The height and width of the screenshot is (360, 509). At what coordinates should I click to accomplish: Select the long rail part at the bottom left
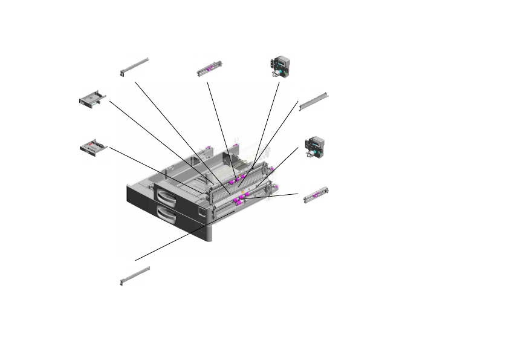135,275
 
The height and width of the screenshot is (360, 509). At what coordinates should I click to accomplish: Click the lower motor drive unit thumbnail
314,148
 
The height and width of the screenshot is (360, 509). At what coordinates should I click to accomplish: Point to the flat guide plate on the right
314,102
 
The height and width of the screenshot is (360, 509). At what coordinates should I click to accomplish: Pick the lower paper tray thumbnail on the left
93,147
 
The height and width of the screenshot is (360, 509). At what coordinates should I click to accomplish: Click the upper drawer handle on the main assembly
165,197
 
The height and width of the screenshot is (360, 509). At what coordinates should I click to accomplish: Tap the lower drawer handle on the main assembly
167,215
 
